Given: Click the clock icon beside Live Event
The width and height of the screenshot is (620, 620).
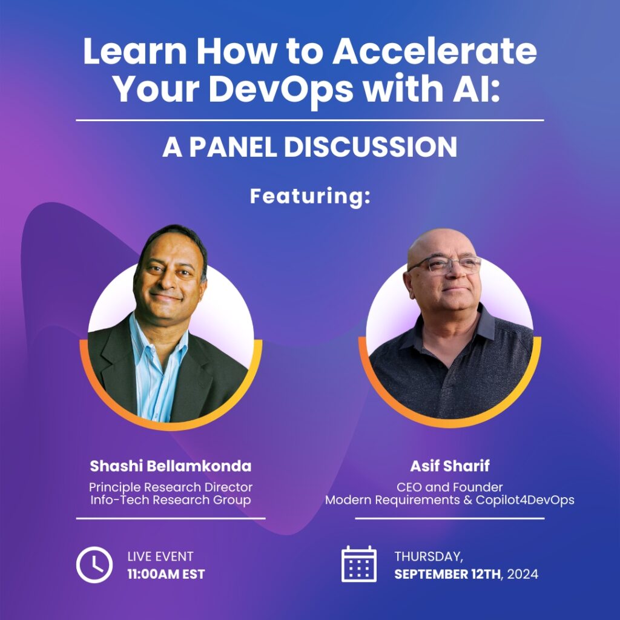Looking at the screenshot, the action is tap(94, 565).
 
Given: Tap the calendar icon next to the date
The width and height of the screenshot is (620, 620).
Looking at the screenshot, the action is tap(358, 564).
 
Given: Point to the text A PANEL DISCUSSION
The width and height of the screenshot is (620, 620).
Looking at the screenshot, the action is tap(309, 147).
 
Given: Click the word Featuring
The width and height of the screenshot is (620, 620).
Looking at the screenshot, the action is tap(310, 197).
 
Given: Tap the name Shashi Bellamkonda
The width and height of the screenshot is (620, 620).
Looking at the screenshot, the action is tap(170, 466).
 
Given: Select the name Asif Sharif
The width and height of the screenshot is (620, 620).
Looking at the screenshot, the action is tap(450, 466).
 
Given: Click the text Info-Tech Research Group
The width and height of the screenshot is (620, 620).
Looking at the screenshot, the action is tap(170, 500).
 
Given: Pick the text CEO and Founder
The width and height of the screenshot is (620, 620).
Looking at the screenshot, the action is tap(450, 487).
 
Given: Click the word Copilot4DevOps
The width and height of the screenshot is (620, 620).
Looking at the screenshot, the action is tap(525, 500).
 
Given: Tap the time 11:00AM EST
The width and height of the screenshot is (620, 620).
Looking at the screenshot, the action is tap(166, 574).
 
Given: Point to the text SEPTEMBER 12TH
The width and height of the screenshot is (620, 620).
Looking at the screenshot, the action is tap(447, 574).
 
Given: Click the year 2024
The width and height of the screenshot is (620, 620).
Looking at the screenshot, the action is tap(523, 574).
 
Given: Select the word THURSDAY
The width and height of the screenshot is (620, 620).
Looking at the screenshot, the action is tap(429, 556).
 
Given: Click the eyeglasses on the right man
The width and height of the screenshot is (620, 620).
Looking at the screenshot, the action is tap(444, 265).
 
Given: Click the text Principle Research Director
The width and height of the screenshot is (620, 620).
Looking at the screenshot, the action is tap(170, 487).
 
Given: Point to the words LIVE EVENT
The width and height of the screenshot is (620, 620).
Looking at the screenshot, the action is tap(160, 556).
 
